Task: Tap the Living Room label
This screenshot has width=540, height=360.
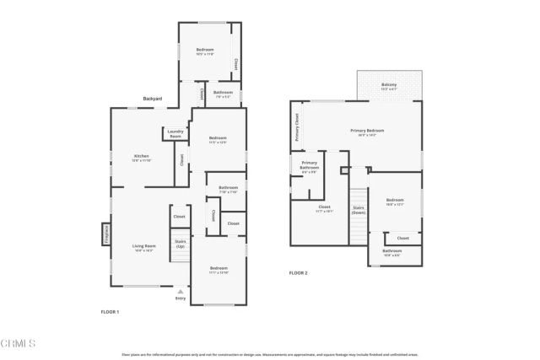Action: click(144, 247)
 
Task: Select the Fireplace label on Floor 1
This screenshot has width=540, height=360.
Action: click(106, 232)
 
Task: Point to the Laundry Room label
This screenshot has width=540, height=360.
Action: click(175, 133)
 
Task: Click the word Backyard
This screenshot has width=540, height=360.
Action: click(153, 99)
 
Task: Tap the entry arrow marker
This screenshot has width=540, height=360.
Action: click(180, 291)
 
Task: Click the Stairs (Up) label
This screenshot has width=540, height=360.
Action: click(180, 244)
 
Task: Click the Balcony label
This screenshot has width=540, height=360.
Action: click(389, 86)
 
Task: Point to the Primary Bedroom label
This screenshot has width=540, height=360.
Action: click(367, 132)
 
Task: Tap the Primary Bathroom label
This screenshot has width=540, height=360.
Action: click(310, 165)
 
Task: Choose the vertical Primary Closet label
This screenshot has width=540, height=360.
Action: click(297, 127)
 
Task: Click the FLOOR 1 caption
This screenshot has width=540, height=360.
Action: click(110, 312)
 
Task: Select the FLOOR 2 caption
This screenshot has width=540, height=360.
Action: click(299, 273)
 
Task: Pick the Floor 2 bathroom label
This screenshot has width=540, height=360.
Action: click(392, 251)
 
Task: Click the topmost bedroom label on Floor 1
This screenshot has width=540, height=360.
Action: click(205, 51)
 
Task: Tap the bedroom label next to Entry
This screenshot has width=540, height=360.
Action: click(219, 269)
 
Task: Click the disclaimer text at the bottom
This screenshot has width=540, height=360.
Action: click(270, 354)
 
